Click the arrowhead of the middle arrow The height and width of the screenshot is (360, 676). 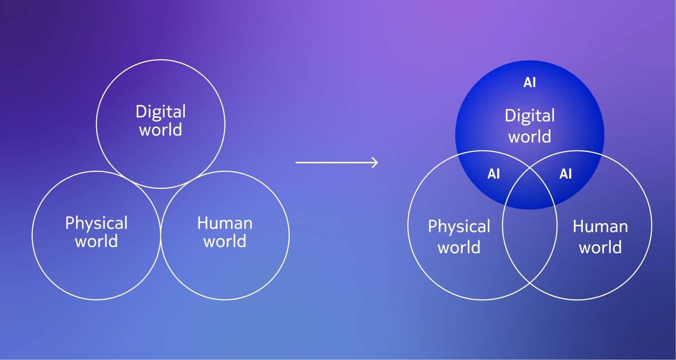(x=376, y=162)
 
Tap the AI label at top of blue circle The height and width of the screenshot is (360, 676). (x=529, y=82)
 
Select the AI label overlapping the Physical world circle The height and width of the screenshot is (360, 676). (x=494, y=174)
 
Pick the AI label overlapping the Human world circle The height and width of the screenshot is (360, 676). (x=566, y=174)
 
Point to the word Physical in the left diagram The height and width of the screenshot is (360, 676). (x=96, y=224)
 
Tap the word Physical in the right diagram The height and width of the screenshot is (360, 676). (x=459, y=227)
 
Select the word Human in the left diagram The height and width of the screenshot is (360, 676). (x=225, y=223)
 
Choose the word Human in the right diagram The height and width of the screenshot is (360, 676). (x=600, y=226)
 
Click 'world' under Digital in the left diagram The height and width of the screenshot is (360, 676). (x=161, y=129)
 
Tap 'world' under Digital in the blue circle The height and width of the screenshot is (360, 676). (x=529, y=136)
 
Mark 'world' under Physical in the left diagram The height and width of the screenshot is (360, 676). (x=96, y=241)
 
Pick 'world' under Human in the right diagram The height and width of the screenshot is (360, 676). (x=600, y=247)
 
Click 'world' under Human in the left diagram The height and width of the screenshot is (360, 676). (x=225, y=241)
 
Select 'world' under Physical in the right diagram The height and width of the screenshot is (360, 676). (x=459, y=247)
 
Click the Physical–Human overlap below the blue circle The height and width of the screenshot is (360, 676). (x=529, y=242)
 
